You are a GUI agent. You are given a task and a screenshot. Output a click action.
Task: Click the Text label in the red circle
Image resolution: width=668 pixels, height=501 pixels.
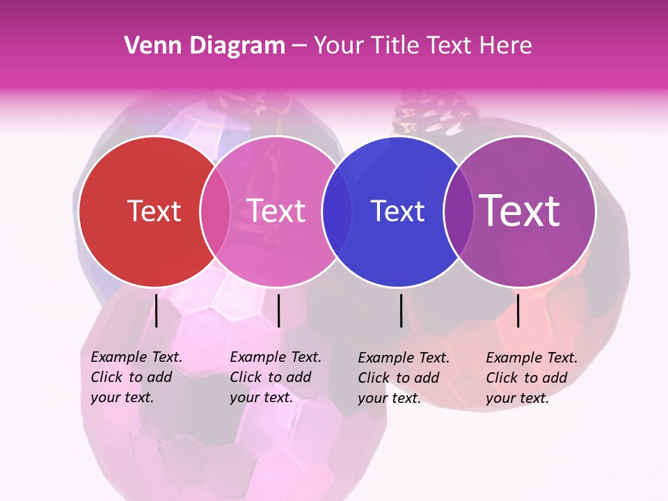[154, 211]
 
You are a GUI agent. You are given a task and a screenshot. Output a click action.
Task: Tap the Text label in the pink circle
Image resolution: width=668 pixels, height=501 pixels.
[276, 211]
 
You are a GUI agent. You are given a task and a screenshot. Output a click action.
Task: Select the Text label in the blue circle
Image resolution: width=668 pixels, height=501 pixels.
[397, 211]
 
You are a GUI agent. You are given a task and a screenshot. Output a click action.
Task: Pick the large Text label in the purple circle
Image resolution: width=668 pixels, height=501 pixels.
[520, 210]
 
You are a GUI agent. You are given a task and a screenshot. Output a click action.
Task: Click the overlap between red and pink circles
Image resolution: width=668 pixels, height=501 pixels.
[215, 212]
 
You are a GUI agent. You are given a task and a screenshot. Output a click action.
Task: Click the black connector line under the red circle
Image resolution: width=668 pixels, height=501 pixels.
[157, 310]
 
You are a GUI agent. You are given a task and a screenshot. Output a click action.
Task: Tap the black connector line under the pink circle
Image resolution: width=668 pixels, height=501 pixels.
[278, 310]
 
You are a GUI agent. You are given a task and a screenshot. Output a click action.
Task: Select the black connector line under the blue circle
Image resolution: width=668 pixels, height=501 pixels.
[401, 310]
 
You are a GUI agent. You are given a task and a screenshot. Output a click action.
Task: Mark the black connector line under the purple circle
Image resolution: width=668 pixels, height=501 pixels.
[518, 310]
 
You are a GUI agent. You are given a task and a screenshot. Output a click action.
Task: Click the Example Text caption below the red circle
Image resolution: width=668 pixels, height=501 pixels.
[136, 377]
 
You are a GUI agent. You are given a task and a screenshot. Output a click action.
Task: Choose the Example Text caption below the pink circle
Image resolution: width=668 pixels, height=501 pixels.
[276, 377]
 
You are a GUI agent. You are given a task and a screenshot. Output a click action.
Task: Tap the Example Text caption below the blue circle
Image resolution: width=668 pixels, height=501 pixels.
[404, 378]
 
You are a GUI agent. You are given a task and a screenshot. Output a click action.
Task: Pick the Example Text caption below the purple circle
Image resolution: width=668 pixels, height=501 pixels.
[532, 378]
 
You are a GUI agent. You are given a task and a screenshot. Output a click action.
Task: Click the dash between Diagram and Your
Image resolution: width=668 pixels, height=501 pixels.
[299, 46]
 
